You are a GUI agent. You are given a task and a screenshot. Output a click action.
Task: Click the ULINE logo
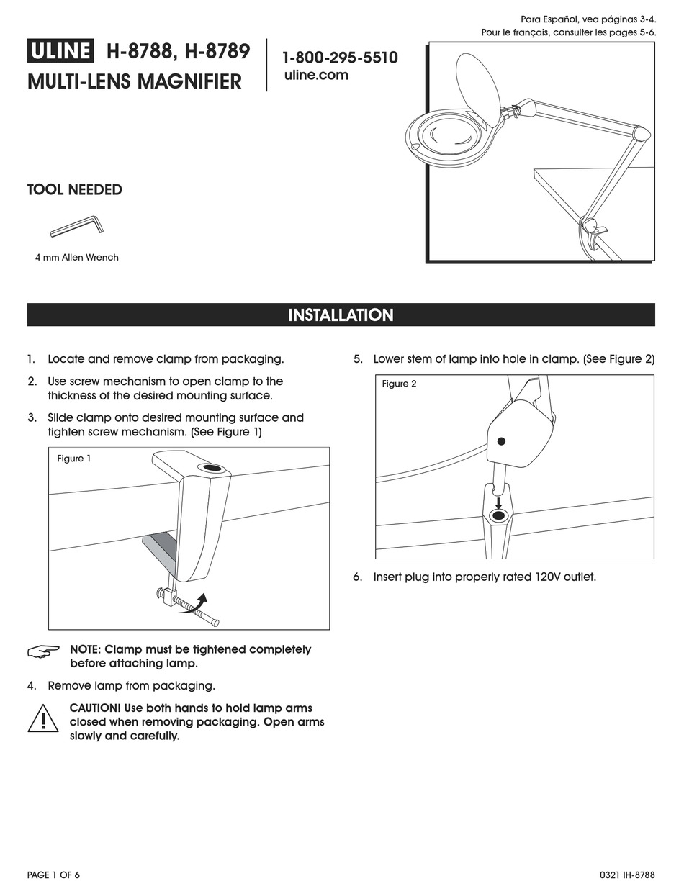pos(60,51)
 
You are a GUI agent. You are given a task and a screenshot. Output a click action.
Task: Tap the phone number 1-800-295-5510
pos(339,58)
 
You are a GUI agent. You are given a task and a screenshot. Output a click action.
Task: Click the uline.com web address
pos(316,75)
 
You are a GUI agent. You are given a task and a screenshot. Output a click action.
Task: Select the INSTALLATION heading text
pos(341,315)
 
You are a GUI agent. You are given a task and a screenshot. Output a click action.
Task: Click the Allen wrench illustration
pos(76,226)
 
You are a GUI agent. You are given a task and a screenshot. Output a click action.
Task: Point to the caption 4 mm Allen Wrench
pos(76,257)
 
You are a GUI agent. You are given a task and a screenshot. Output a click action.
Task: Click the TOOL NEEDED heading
pos(74,190)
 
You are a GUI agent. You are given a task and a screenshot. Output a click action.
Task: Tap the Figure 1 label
pos(74,459)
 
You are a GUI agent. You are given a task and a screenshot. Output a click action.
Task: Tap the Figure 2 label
pos(399,384)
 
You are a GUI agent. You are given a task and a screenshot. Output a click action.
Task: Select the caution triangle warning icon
pos(43,718)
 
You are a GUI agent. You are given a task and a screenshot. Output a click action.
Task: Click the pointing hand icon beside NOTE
pos(44,651)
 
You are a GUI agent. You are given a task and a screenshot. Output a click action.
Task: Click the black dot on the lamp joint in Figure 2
pos(502,441)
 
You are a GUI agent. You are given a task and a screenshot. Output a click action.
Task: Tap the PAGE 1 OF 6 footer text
pos(53,875)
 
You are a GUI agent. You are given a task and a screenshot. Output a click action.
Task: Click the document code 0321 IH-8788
pos(626,875)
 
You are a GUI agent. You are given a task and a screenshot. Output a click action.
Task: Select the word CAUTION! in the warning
pos(95,708)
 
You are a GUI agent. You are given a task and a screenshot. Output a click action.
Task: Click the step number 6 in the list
pos(357,577)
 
